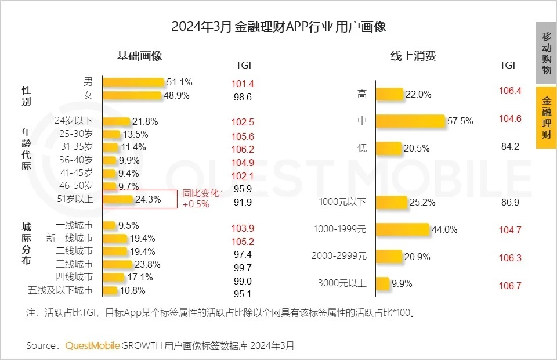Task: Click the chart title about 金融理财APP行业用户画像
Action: click(x=278, y=27)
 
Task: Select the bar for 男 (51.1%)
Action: click(x=134, y=82)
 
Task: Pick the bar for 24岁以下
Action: click(x=117, y=121)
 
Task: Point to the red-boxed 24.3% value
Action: click(x=147, y=199)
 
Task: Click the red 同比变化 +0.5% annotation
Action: click(x=201, y=199)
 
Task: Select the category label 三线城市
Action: click(x=74, y=264)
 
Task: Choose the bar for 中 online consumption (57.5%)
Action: click(x=410, y=121)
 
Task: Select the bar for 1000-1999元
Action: click(x=402, y=229)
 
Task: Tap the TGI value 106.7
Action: click(x=510, y=286)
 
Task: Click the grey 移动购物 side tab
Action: click(x=546, y=53)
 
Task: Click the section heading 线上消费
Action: click(x=413, y=56)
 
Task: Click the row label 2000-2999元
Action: click(x=339, y=256)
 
